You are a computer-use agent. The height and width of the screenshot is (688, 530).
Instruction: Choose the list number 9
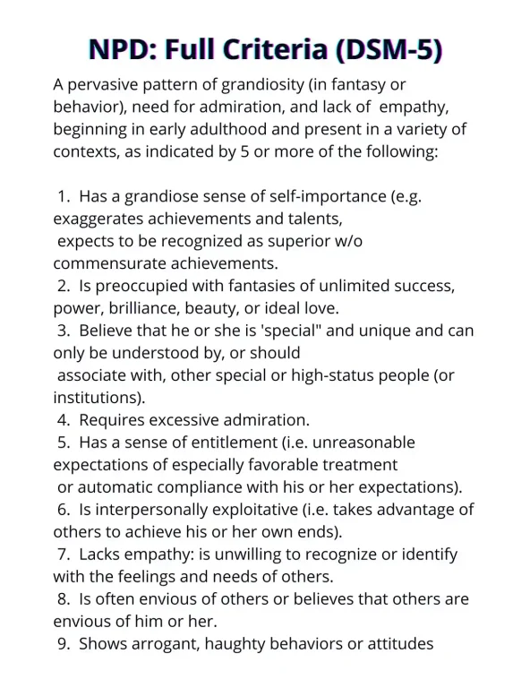coord(62,643)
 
